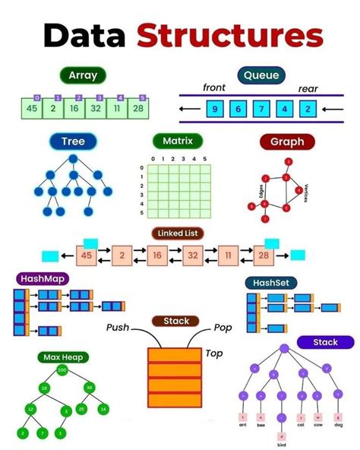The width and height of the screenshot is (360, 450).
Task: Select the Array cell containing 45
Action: point(31,109)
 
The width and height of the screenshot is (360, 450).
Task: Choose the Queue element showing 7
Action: point(261,109)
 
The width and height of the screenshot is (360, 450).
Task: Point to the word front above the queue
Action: point(214,87)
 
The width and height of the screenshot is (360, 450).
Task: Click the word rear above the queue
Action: point(308,88)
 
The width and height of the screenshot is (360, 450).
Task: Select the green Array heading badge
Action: point(83,75)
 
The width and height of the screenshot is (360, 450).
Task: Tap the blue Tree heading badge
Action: point(73,141)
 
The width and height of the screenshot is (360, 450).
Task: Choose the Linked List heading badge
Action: point(180,233)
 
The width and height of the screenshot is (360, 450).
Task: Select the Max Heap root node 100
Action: point(62,369)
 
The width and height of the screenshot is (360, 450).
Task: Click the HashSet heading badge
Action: point(270,283)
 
